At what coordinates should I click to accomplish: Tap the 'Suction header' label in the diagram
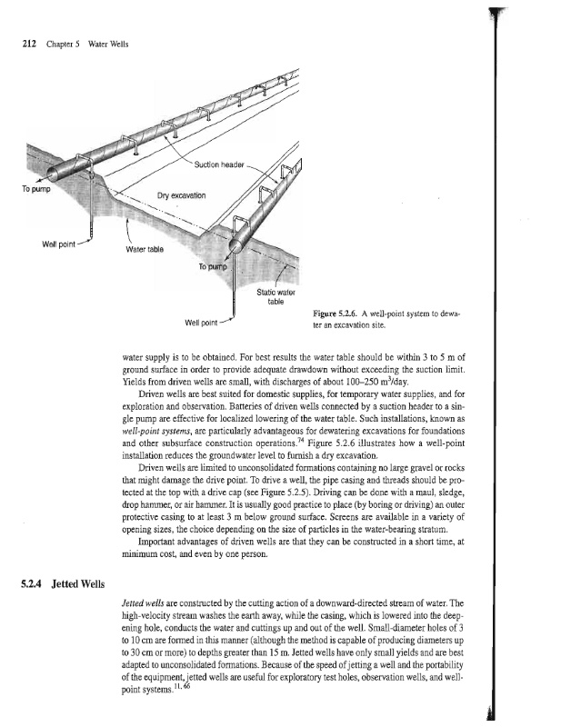pos(219,164)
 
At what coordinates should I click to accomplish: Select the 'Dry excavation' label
pos(183,195)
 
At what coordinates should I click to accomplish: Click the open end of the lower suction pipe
pos(235,244)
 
